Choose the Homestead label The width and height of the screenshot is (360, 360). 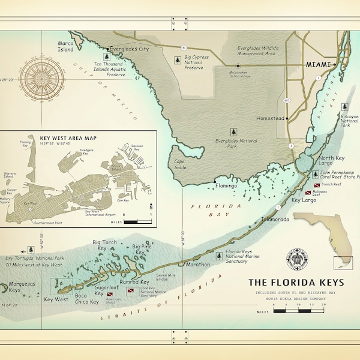[269, 118]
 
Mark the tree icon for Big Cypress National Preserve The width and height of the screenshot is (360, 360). [177, 60]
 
